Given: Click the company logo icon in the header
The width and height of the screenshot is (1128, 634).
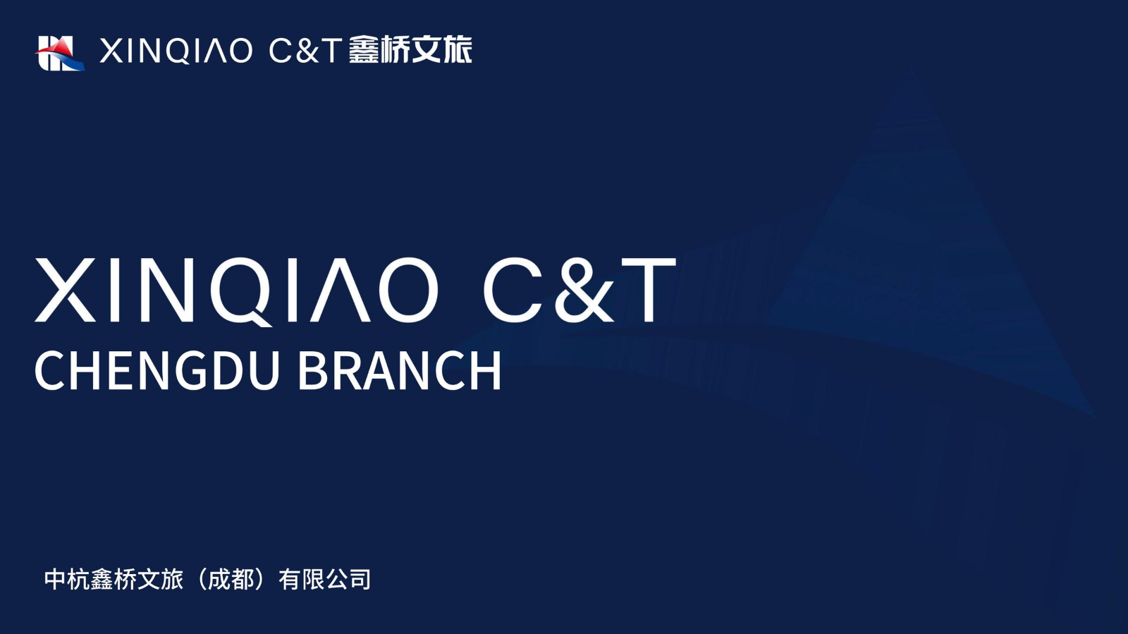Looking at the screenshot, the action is [x=59, y=54].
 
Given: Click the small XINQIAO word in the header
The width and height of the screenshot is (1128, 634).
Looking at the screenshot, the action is [x=176, y=51].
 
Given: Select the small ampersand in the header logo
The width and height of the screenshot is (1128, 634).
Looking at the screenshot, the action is [x=306, y=51].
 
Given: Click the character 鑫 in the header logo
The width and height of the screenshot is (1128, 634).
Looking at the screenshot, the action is [x=364, y=49].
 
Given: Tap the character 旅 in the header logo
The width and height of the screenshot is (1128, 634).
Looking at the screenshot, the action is [x=458, y=49].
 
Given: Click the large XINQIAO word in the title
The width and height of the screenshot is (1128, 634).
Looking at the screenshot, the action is [x=236, y=291].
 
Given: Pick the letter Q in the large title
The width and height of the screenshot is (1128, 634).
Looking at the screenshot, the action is [x=243, y=292].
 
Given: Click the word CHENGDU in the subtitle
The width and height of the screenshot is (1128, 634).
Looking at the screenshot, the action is [x=157, y=371].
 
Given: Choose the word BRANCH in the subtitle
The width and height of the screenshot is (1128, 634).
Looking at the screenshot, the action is [x=400, y=371].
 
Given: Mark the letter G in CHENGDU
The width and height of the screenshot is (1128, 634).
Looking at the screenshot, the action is [x=191, y=371].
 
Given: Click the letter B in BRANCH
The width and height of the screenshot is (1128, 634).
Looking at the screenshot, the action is [x=312, y=371].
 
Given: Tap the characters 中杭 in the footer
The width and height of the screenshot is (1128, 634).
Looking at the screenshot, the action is [x=67, y=579].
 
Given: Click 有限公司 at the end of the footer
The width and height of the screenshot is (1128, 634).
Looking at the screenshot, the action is [x=325, y=579].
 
